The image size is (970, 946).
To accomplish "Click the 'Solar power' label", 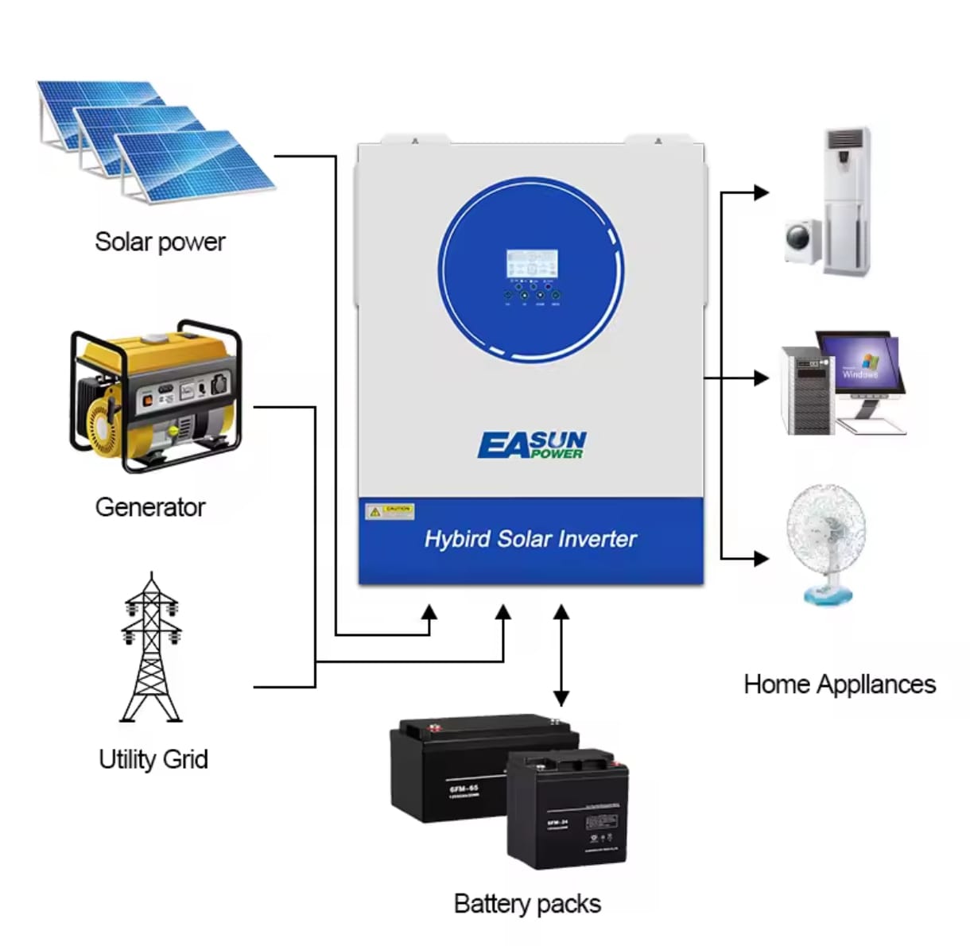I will tap(160, 242).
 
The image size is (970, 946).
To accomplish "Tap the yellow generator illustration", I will tap(155, 395).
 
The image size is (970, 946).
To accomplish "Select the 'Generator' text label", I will tap(149, 507).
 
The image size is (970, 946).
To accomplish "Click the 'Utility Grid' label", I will tap(153, 759).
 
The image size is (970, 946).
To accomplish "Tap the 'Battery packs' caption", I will tap(527, 904).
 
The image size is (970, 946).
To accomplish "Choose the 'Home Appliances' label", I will tap(840, 684).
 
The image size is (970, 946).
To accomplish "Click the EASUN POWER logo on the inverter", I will tap(532, 445).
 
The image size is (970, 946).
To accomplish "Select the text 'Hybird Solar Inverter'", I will tap(530, 539).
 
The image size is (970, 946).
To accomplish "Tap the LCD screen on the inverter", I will tap(532, 263).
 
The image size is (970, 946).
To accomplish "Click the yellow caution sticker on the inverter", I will tap(390, 511).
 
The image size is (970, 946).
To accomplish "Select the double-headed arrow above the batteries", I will tap(561, 655).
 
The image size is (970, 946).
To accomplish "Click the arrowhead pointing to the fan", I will tap(761, 558).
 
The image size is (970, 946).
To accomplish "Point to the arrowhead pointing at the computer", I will tap(761, 378).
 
